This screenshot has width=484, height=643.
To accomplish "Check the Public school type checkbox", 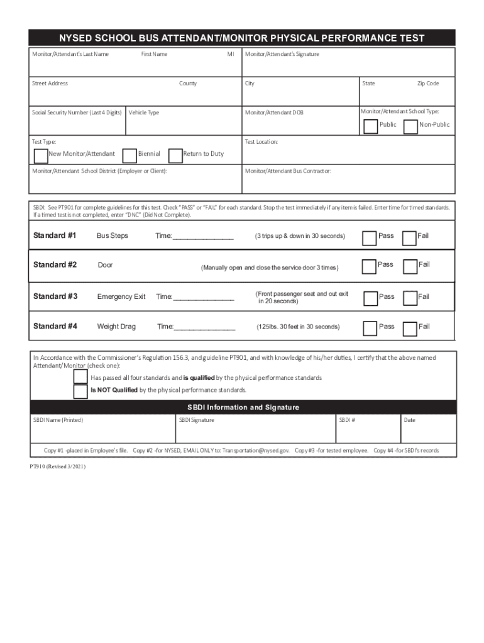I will click(x=371, y=127).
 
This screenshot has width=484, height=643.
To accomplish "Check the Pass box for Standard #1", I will click(x=370, y=238).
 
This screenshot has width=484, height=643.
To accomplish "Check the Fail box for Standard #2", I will click(x=410, y=267).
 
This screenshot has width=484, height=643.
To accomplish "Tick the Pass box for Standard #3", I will click(x=370, y=298).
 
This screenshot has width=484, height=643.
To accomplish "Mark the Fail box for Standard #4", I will click(x=410, y=328).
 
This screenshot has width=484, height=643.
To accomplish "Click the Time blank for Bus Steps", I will click(x=202, y=237).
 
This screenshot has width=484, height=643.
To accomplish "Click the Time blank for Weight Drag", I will click(x=204, y=327).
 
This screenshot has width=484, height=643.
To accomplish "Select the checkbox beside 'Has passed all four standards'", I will click(x=80, y=377).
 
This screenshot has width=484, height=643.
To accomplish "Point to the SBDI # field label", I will click(x=347, y=420).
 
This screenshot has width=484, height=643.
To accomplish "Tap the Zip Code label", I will click(x=428, y=84).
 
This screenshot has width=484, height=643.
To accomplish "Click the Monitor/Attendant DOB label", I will click(x=273, y=113).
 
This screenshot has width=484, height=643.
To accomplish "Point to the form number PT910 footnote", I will click(x=58, y=467).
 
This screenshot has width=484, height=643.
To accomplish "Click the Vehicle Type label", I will click(x=144, y=113).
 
